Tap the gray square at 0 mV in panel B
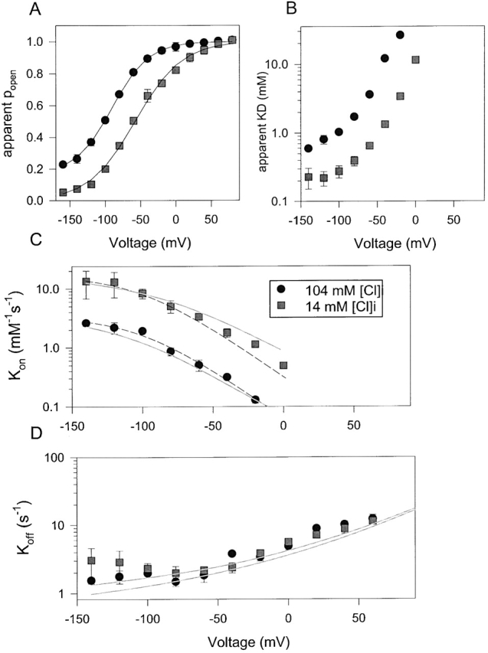(x=416, y=60)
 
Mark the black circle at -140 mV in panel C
(x=87, y=323)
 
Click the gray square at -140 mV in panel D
(x=91, y=561)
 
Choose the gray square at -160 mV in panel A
(x=63, y=192)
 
